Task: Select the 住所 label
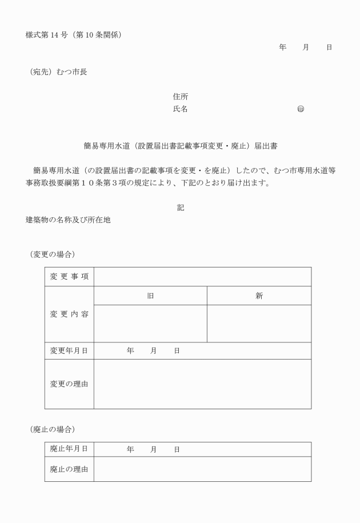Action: tap(181, 97)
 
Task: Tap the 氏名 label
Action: tap(181, 109)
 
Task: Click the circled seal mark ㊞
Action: tap(301, 109)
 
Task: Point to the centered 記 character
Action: tap(181, 207)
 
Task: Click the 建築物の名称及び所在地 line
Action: tap(68, 219)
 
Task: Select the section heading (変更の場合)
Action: tap(53, 254)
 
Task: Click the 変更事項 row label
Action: tap(69, 277)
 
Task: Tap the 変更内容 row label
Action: tap(69, 314)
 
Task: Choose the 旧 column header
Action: tap(150, 296)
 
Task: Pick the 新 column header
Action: tap(259, 296)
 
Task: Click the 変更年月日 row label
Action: tap(69, 351)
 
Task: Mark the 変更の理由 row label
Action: tap(69, 384)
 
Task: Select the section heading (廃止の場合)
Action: tap(53, 429)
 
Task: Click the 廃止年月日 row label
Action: tap(69, 449)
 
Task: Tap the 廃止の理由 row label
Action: tap(69, 469)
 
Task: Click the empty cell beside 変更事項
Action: tap(202, 277)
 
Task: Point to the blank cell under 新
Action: tap(259, 324)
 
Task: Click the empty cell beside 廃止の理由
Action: tap(202, 469)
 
